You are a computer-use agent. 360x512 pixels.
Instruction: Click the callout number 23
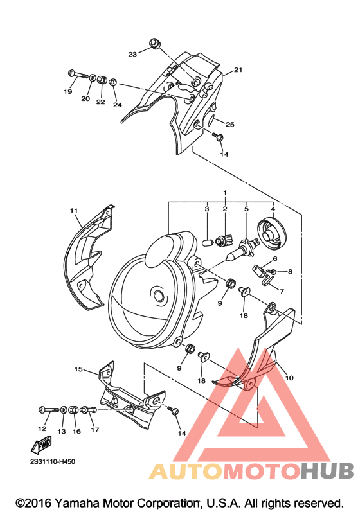pyautogui.click(x=132, y=54)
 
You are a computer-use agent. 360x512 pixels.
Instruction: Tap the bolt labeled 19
pyautogui.click(x=78, y=74)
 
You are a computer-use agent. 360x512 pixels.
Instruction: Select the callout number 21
pyautogui.click(x=238, y=70)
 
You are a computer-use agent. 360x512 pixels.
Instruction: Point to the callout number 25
pyautogui.click(x=230, y=125)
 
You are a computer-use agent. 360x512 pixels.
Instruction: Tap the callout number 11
pyautogui.click(x=74, y=211)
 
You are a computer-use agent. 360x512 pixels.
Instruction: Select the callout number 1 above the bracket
pyautogui.click(x=225, y=193)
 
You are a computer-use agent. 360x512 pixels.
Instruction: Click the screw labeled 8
pyautogui.click(x=272, y=271)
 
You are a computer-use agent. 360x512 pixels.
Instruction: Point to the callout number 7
pyautogui.click(x=282, y=291)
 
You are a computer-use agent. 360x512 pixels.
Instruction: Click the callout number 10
pyautogui.click(x=289, y=378)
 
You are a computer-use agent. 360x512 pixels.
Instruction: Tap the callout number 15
pyautogui.click(x=78, y=369)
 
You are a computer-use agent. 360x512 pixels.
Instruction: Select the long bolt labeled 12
pyautogui.click(x=49, y=409)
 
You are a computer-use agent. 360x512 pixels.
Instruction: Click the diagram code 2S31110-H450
pyautogui.click(x=53, y=462)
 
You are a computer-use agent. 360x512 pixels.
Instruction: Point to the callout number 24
pyautogui.click(x=118, y=105)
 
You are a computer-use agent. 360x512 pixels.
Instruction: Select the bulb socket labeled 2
pyautogui.click(x=224, y=241)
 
